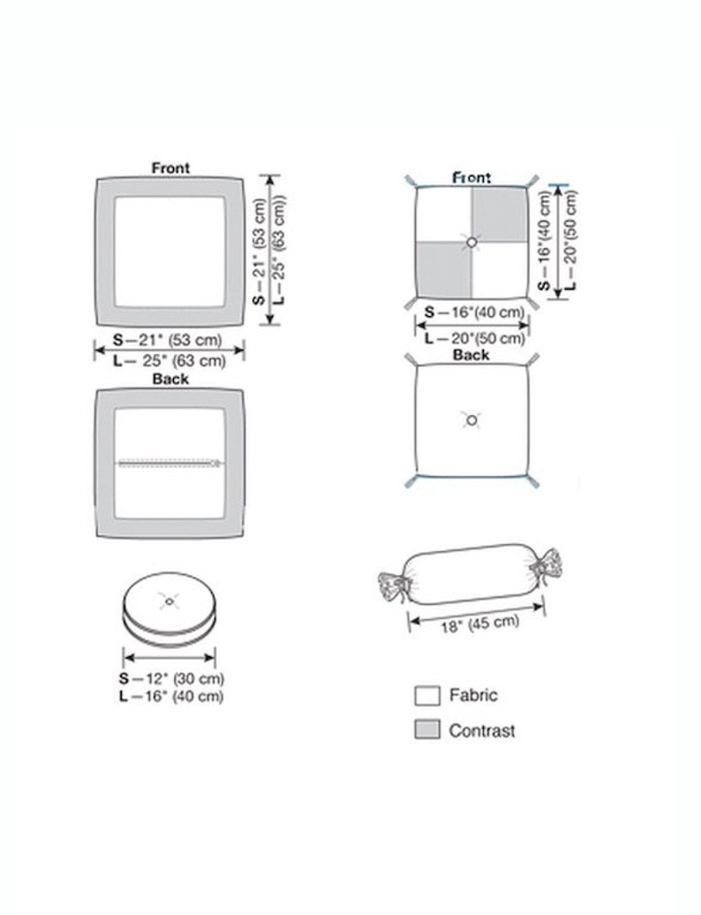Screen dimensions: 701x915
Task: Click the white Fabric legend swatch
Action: point(427,696)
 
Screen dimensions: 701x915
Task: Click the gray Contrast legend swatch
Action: point(427,730)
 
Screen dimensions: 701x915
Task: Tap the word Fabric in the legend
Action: point(473,695)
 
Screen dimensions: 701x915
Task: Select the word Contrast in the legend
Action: point(482,730)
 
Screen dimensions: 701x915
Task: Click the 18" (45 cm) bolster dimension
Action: point(480,624)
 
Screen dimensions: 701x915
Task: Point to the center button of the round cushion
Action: point(170,601)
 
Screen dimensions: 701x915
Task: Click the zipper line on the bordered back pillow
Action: point(170,463)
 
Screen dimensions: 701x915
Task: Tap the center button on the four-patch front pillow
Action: point(471,242)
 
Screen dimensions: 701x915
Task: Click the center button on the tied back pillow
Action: point(471,420)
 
